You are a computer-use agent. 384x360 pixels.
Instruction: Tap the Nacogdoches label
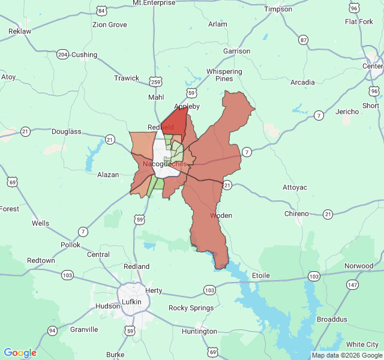point(164,164)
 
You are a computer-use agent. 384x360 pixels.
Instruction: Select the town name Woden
point(221,215)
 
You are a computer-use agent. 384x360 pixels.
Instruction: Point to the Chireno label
point(296,214)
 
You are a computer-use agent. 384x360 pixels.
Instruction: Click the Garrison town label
point(236,51)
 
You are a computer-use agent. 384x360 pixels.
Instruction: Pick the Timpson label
point(278,9)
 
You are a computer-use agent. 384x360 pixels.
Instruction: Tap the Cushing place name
point(84,55)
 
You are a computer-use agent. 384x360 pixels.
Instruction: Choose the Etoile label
point(261,275)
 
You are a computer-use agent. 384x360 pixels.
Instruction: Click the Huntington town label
point(199,331)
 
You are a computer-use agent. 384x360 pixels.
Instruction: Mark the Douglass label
point(66,131)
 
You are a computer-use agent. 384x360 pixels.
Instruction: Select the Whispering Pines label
point(224,75)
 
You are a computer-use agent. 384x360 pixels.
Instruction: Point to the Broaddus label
point(332,319)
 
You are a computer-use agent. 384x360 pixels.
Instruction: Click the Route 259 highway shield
point(156,82)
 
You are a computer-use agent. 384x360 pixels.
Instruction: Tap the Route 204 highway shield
point(62,55)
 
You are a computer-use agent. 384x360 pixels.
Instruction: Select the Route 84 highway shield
point(101,11)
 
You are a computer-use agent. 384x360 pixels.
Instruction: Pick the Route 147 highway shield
point(352,284)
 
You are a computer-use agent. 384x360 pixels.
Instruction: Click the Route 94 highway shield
point(53,331)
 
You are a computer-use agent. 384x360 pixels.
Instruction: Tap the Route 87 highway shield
point(304,40)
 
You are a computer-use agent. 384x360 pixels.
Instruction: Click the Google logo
point(20,353)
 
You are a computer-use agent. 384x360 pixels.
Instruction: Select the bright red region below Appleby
point(175,119)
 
